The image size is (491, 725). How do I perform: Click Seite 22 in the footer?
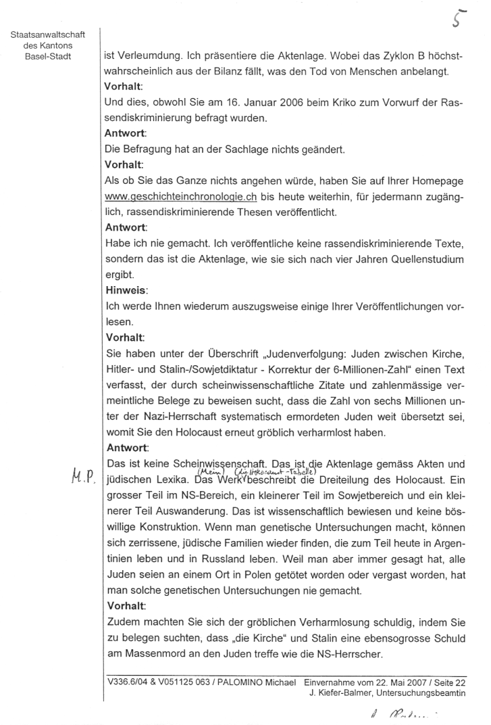click(x=460, y=681)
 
